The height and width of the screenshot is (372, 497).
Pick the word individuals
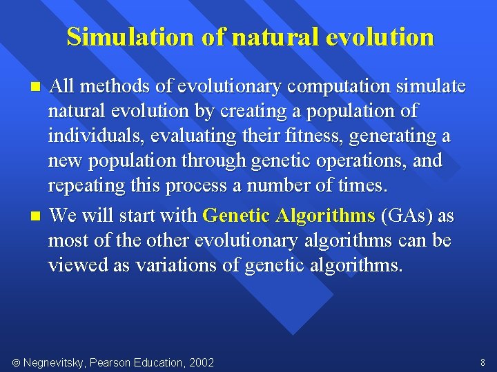click(x=91, y=136)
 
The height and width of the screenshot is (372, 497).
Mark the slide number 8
click(x=483, y=362)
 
